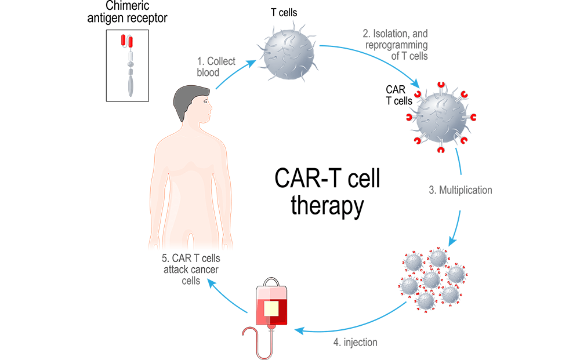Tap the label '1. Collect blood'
(214, 67)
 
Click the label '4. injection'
(355, 342)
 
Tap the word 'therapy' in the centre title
(327, 206)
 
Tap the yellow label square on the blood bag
(271, 308)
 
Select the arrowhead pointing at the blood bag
(297, 330)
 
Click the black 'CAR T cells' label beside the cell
(399, 95)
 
